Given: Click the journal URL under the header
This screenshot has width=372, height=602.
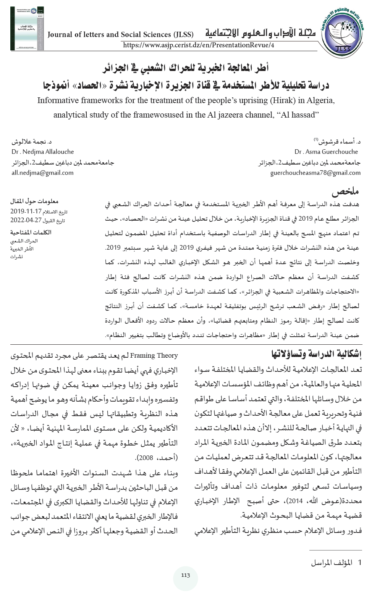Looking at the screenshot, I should point(198,45).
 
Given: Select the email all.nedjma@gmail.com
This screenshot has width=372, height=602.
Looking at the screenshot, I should point(42,173).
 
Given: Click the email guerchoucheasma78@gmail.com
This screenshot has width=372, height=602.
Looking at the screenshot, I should point(315,173).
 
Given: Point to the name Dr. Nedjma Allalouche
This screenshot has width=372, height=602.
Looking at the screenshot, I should point(43,152).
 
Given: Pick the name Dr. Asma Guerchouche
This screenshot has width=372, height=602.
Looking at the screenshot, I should point(326,152).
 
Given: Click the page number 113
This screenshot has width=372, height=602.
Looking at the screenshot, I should point(186,575).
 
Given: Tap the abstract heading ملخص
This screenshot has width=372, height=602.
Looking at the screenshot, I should point(346,191).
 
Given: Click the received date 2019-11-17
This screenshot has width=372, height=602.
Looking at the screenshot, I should point(26,211).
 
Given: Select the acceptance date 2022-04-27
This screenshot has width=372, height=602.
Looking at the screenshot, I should point(26,220).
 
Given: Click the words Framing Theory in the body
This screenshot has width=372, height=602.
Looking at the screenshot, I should point(154,355).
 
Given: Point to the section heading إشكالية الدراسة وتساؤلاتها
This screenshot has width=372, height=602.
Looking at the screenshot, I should point(316,354).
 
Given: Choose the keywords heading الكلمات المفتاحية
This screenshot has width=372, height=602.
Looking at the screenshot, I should point(31,232).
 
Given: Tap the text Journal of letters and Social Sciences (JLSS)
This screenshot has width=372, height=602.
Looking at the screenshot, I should point(121,34).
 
